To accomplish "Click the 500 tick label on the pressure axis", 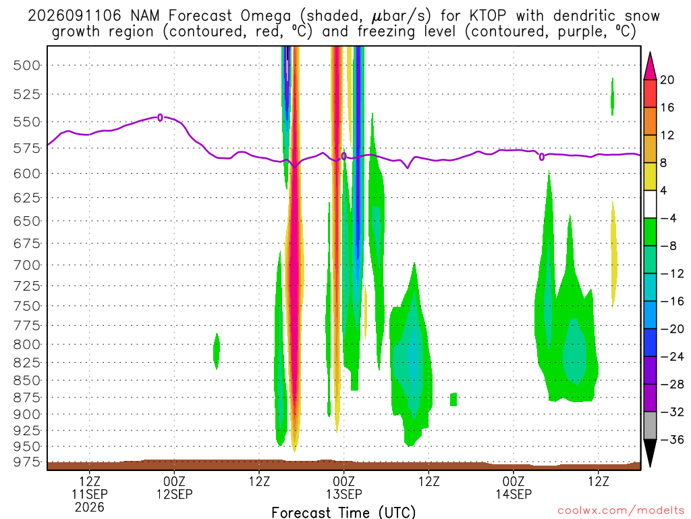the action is point(26,66).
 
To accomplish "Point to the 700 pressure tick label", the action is point(26,265).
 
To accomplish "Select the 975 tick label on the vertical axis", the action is point(26,462).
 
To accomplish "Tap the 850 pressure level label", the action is point(26,380).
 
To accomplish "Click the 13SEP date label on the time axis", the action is point(343,494).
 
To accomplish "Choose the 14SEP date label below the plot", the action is point(514,494).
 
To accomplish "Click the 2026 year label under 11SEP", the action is point(90,507).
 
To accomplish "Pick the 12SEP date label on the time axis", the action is point(175,494).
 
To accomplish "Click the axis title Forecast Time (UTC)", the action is point(343,512).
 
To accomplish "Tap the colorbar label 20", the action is point(667,80).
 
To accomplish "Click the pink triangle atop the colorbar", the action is point(650,66).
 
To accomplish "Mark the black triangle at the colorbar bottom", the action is point(650,453).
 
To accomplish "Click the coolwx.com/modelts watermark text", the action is point(621,511).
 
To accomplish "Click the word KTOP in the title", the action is point(488,16).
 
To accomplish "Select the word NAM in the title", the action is point(145,16).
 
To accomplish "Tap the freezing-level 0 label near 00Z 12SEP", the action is point(161,118).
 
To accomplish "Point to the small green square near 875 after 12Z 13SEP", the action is point(453,399).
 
